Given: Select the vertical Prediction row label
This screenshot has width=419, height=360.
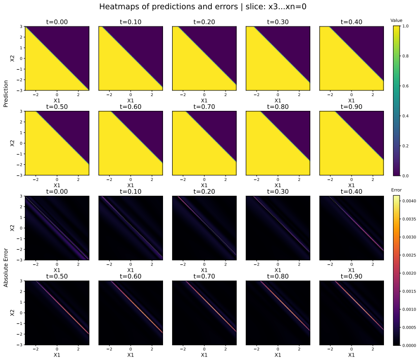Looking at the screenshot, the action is (6, 94).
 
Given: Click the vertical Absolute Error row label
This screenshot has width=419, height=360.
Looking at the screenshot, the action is (6, 268).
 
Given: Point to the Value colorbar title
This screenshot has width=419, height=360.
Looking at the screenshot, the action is (396, 20).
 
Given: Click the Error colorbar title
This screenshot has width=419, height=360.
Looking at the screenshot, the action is (396, 190).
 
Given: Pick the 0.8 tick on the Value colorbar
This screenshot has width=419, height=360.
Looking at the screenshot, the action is (405, 56).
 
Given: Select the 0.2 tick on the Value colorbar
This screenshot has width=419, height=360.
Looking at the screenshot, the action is (405, 146).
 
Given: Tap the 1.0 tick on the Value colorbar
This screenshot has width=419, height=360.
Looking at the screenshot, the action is (405, 26).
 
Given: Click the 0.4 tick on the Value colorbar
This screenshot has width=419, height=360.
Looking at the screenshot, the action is (405, 116).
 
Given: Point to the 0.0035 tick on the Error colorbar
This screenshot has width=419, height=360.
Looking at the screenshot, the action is (409, 219).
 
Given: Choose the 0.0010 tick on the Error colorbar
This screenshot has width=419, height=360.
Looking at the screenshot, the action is (409, 309).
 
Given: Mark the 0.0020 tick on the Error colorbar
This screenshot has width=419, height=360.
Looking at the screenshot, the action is (409, 273).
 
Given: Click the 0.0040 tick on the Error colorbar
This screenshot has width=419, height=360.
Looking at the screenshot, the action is (409, 201).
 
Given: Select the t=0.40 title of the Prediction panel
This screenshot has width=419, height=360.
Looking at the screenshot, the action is (351, 22).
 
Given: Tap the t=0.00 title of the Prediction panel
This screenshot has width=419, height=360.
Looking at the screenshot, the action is (57, 22).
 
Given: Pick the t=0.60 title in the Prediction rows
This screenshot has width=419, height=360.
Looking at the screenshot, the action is (131, 107).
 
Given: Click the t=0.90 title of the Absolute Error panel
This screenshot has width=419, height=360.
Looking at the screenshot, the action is (351, 276).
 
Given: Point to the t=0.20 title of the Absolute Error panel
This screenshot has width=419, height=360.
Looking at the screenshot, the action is (204, 192).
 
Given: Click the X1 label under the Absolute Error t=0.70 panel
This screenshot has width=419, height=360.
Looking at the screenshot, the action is (204, 355).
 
